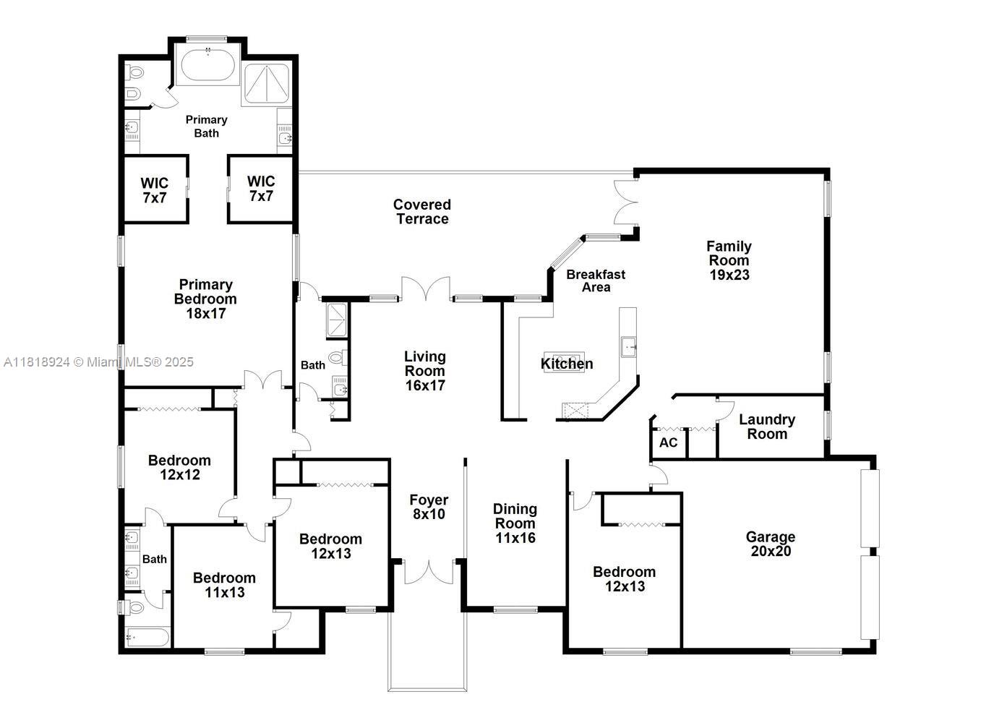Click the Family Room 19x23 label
729,260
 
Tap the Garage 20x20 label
770,544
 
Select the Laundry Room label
767,427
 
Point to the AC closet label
669,442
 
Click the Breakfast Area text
596,281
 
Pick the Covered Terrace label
422,212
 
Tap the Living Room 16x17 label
424,370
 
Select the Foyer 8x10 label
429,507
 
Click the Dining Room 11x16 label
515,523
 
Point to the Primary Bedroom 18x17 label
205,299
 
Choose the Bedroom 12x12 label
179,467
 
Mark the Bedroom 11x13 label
224,585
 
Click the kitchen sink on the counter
628,346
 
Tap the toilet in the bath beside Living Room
336,357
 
